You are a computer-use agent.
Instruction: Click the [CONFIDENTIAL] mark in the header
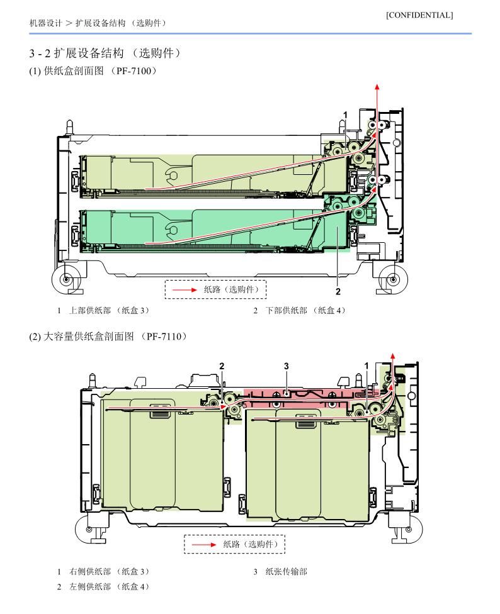(419, 15)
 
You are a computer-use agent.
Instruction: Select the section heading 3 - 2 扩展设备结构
(76, 53)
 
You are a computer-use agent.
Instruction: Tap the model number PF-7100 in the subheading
(134, 71)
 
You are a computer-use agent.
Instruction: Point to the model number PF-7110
(164, 337)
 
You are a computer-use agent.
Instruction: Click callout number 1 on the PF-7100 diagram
(345, 114)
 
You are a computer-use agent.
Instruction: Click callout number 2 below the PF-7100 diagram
(338, 291)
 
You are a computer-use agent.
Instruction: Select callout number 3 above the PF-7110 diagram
(287, 366)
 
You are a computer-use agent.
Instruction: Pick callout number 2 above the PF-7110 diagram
(222, 366)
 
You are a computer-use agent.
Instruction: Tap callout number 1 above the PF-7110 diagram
(366, 366)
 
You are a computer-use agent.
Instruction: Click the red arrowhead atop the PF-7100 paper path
(377, 87)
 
